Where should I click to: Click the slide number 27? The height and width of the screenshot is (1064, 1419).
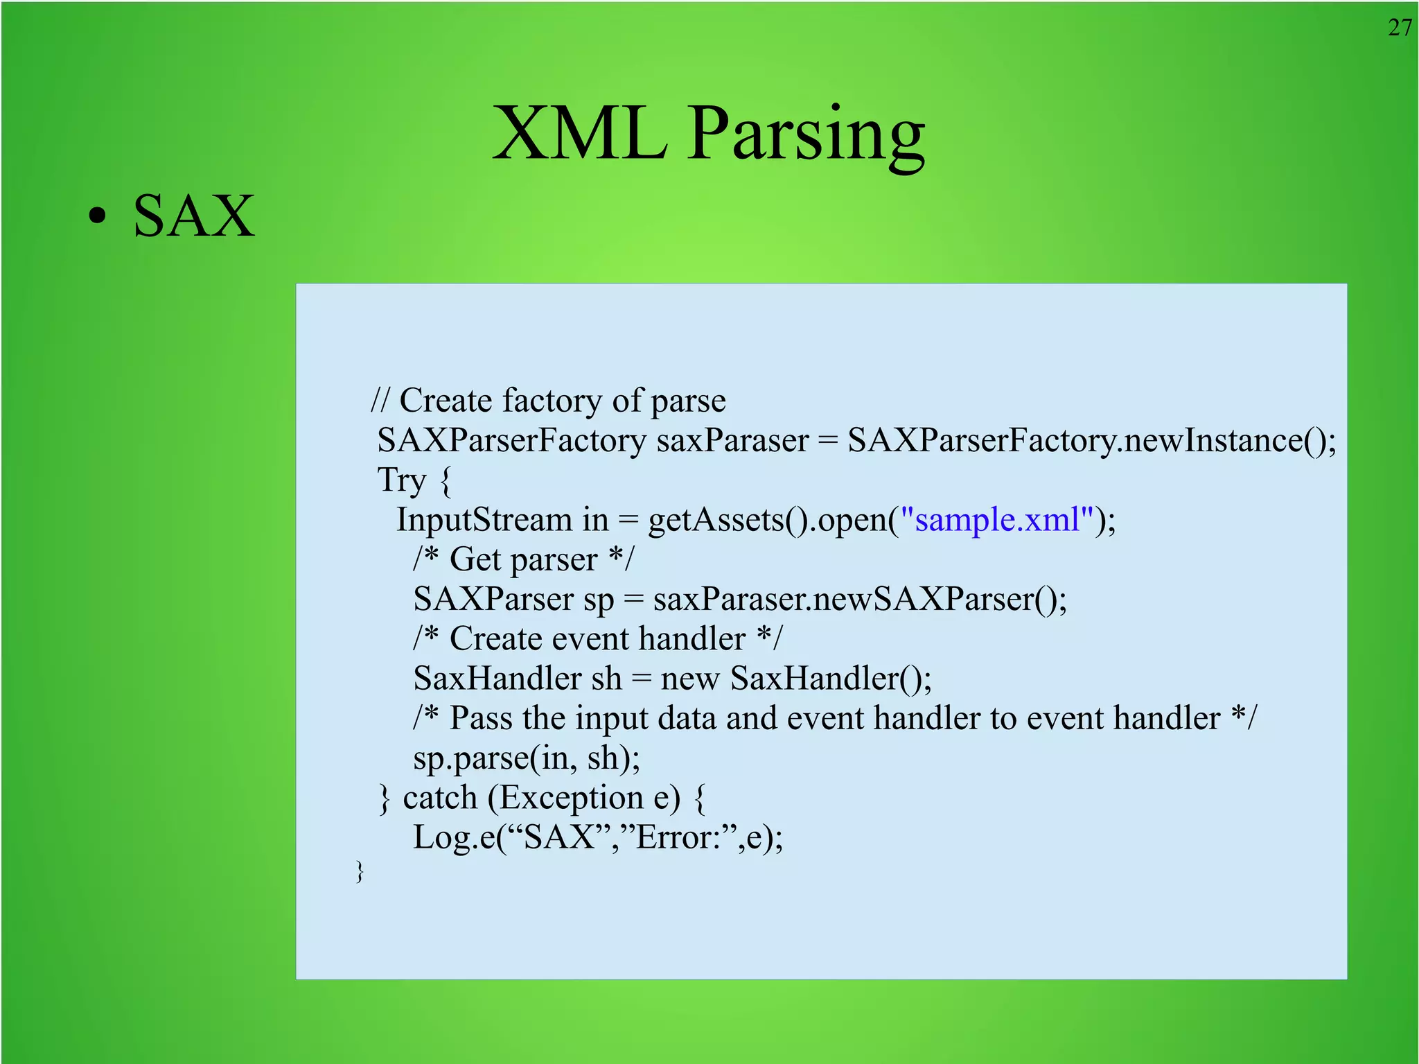coord(1400,28)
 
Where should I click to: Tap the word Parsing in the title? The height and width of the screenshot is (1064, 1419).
coord(806,135)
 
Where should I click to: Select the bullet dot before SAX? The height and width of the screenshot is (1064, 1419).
coord(98,216)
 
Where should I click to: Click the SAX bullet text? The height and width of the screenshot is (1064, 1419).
coord(194,216)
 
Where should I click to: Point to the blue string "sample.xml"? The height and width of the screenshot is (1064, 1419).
coord(997,519)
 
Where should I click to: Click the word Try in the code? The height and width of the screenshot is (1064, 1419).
coord(401,480)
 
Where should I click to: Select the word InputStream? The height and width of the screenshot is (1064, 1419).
coord(484,520)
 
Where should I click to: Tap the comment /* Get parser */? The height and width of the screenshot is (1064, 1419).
coord(523,559)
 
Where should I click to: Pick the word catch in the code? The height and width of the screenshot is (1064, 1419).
coord(440,797)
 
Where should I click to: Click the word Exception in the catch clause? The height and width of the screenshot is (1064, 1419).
coord(571,797)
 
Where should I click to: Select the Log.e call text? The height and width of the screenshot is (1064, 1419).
coord(597,837)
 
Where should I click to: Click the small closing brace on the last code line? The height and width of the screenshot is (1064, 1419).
coord(359,871)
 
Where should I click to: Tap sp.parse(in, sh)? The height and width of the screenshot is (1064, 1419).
coord(527,758)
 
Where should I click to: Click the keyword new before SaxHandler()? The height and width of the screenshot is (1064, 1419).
coord(689,678)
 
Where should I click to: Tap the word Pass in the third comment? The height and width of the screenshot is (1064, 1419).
coord(481,718)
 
